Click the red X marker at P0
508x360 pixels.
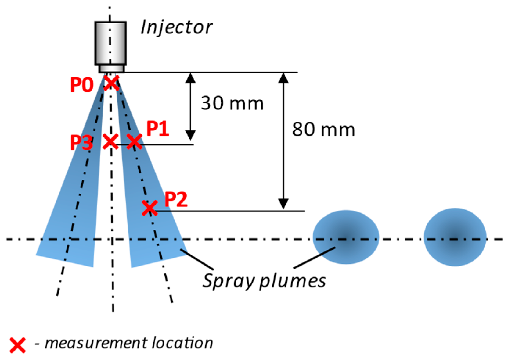click(111, 83)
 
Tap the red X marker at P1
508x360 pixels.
click(134, 142)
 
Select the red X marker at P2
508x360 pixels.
click(150, 208)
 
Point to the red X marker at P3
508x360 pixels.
click(110, 142)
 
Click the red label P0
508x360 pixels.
click(81, 85)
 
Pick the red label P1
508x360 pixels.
click(158, 129)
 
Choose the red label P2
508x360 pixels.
click(176, 200)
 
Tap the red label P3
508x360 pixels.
click(81, 143)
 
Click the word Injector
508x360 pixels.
click(176, 27)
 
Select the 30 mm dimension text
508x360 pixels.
click(232, 103)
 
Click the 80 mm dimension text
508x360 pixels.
click(323, 130)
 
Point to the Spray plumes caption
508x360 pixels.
click(264, 281)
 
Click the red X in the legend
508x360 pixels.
click(17, 345)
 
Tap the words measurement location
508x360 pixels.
click(128, 343)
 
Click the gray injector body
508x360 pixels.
click(110, 43)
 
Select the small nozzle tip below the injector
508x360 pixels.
click(111, 69)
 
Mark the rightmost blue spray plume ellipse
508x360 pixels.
click(455, 237)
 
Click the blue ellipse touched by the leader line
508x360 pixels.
click(346, 237)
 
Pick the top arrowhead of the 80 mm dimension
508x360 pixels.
click(283, 78)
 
